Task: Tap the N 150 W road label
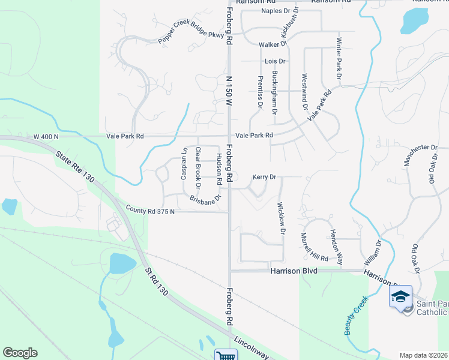[229, 91]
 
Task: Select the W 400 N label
[46, 136]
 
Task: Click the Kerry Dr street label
[264, 177]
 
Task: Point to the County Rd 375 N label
[150, 209]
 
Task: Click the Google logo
[20, 353]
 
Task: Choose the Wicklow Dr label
[280, 218]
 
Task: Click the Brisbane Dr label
[206, 200]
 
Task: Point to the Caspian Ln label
[185, 160]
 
